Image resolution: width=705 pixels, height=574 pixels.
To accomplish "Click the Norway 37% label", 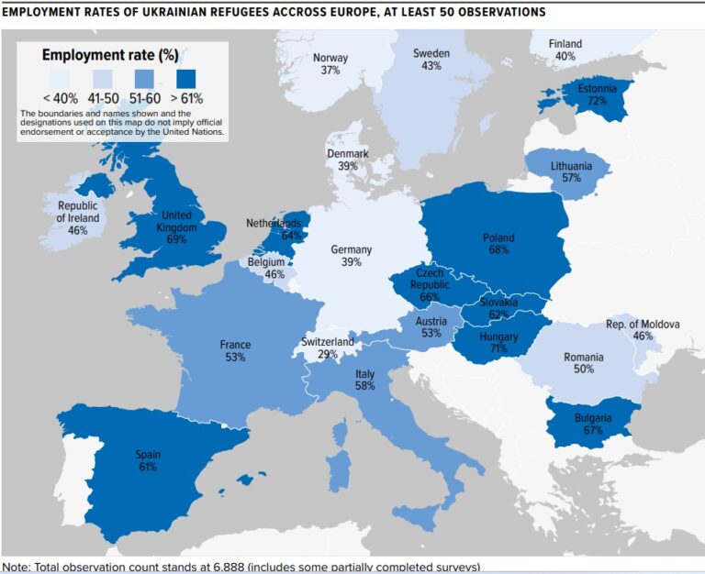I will tap(330, 63).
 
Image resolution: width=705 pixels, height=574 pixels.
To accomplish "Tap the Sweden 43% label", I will tap(431, 60).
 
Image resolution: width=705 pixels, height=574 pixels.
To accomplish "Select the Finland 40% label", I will tap(565, 50).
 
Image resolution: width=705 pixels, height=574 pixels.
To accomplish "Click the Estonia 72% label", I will tap(597, 94).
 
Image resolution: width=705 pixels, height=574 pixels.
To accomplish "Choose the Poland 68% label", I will tap(498, 244).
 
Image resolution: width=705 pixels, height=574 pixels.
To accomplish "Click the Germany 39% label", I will tap(351, 256).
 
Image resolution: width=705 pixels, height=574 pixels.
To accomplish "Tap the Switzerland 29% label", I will tap(327, 348).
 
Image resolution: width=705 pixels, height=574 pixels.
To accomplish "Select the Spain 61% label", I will tap(148, 460).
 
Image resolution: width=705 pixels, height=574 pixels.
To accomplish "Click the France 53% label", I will tap(235, 351).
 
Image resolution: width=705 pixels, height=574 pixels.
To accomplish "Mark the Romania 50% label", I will tap(584, 363).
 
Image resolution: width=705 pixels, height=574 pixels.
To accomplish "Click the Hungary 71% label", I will tap(499, 343).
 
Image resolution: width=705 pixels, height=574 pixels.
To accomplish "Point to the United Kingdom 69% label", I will tap(176, 226).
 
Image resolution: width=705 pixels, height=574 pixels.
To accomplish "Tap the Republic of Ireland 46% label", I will tap(78, 217).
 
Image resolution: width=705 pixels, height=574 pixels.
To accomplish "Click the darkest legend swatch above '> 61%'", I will tap(191, 77).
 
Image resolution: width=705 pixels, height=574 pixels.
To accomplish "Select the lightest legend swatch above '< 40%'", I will tap(59, 77).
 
